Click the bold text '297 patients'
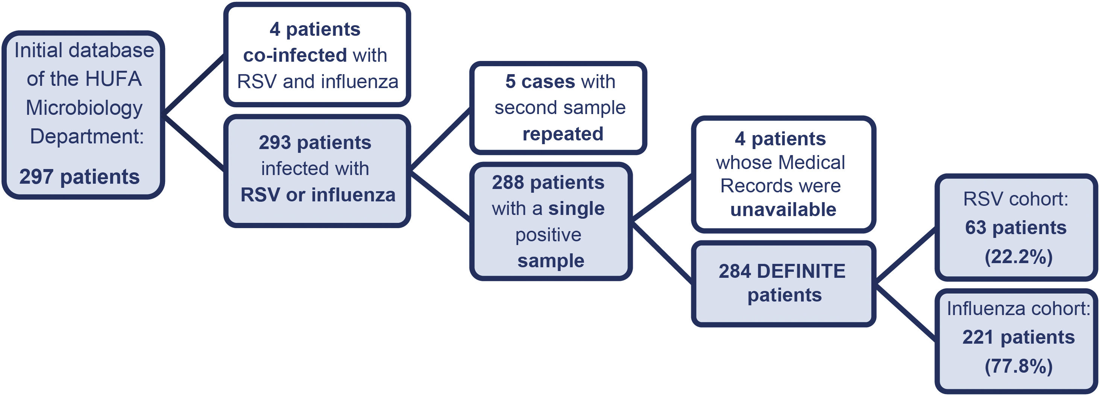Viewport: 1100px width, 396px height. [x=79, y=177]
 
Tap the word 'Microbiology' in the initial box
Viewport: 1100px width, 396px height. [x=84, y=107]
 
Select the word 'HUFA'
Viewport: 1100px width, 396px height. [x=113, y=79]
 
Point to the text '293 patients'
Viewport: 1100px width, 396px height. [x=315, y=142]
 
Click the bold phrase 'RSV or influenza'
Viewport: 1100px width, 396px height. [x=318, y=195]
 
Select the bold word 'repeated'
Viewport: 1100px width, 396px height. [x=563, y=134]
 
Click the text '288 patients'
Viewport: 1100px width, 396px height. [x=548, y=182]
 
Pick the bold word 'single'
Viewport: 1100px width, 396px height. [x=576, y=209]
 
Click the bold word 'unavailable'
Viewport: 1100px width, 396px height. [x=783, y=210]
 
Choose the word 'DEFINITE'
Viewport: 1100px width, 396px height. [x=801, y=271]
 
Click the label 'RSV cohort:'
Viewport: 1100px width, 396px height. [x=1016, y=199]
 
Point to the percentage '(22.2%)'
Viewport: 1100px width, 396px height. [x=1018, y=257]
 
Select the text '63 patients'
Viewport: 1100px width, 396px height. [x=1016, y=227]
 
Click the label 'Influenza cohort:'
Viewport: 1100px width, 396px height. [x=1018, y=308]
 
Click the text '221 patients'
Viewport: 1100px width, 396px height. [x=1018, y=337]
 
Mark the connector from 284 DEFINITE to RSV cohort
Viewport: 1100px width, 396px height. [x=905, y=256]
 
